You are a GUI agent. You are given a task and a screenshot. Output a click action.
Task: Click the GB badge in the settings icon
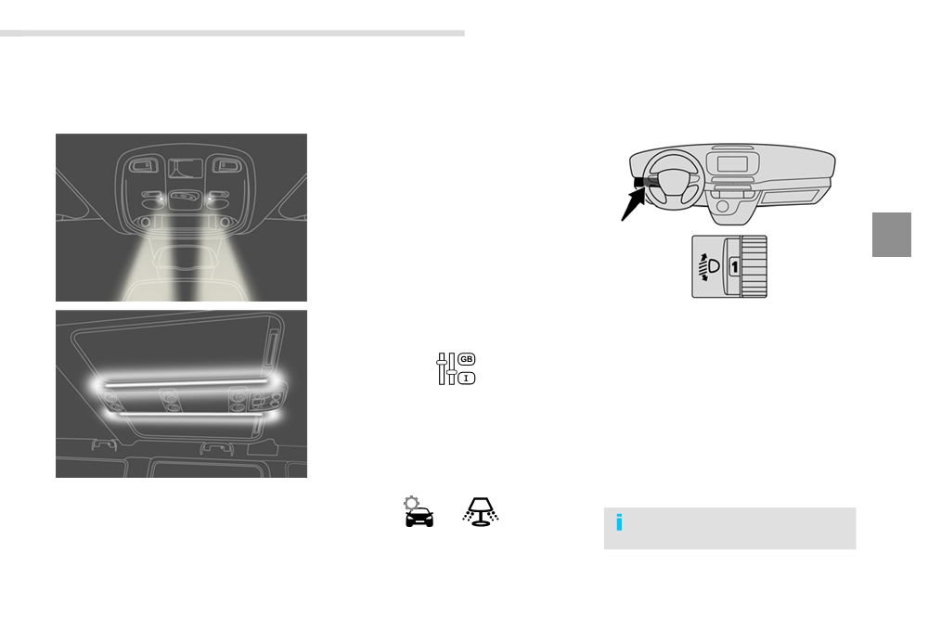click(467, 359)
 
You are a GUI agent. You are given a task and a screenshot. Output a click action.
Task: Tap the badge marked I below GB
click(467, 378)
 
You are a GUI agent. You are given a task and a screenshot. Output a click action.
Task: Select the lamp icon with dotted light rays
click(481, 512)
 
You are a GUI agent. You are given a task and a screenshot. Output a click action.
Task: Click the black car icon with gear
click(419, 512)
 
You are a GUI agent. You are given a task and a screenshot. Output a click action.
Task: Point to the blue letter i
click(619, 522)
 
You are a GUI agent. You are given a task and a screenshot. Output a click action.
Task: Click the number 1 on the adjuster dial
click(734, 267)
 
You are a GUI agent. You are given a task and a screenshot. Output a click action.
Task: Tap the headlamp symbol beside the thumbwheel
click(709, 267)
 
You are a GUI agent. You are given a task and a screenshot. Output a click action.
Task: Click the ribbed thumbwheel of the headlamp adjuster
click(754, 266)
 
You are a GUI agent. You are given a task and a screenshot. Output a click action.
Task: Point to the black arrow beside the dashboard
click(633, 203)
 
